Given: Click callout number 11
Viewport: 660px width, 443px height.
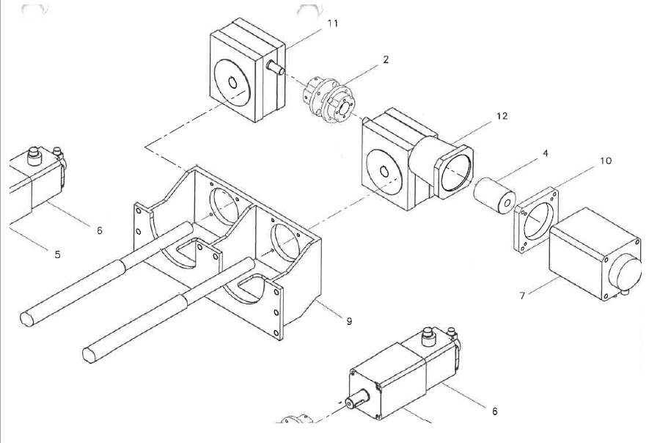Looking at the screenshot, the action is pyautogui.click(x=332, y=23).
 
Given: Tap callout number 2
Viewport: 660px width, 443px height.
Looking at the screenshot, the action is pyautogui.click(x=386, y=60).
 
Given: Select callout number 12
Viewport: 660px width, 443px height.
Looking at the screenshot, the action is pyautogui.click(x=502, y=116).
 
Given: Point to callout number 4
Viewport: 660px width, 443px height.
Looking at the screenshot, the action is pyautogui.click(x=546, y=153).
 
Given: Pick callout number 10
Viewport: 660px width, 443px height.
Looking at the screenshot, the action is pyautogui.click(x=605, y=161).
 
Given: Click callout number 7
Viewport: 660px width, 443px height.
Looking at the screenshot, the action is pyautogui.click(x=522, y=296).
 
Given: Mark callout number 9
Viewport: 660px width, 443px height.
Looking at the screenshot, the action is pyautogui.click(x=349, y=321).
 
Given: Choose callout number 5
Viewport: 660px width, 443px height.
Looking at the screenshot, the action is pyautogui.click(x=57, y=255).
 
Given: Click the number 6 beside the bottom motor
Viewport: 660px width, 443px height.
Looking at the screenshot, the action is pyautogui.click(x=494, y=411).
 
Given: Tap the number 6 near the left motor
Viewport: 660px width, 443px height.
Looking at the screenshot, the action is pyautogui.click(x=99, y=230).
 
